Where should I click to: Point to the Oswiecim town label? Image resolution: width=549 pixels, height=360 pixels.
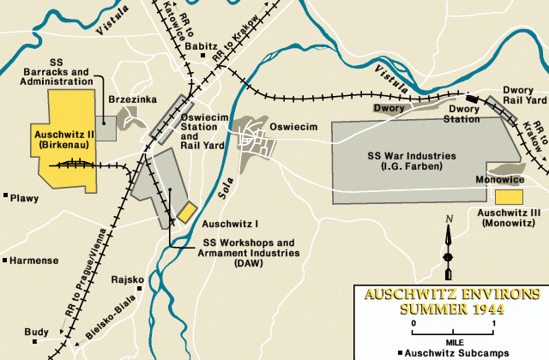294,127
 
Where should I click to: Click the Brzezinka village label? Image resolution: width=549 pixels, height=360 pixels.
133,100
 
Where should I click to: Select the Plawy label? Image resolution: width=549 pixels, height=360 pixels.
25,198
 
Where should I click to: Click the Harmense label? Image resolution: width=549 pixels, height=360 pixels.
34,260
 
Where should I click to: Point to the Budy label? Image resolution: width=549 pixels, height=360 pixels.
37,331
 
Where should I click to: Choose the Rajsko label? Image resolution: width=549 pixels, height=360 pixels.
128,279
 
